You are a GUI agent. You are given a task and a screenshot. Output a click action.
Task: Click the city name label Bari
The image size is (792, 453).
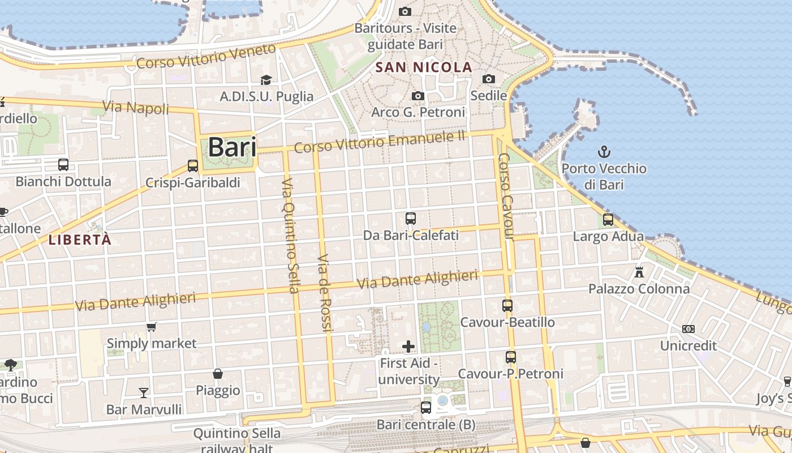click(232, 147)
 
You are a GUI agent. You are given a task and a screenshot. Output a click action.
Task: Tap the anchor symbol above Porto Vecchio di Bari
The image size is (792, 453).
click(604, 152)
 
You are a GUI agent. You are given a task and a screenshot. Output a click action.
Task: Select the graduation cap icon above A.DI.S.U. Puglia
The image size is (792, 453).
click(266, 80)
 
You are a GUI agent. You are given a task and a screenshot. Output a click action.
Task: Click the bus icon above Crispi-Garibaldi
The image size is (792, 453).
click(193, 166)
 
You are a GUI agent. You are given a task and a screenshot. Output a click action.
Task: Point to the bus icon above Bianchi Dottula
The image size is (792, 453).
click(63, 165)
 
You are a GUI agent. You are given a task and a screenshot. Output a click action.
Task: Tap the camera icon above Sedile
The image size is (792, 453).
click(489, 79)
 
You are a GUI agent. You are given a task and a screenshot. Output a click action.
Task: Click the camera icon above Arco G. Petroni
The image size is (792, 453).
click(418, 96)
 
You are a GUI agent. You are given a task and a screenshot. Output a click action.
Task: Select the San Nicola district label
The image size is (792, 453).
click(424, 67)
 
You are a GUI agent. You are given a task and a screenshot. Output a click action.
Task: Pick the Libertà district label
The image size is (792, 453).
click(80, 240)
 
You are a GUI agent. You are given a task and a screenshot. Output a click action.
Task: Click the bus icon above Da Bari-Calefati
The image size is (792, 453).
click(411, 218)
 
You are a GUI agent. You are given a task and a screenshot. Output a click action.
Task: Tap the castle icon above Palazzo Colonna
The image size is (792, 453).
click(639, 272)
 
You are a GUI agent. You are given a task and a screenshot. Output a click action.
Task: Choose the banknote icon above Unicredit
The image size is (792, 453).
click(688, 328)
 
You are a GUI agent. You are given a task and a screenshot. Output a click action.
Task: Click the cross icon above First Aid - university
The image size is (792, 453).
click(408, 346)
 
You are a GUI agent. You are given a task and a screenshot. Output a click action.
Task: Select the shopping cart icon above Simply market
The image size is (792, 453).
click(151, 327)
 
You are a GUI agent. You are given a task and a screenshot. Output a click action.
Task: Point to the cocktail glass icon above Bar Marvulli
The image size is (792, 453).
click(144, 392)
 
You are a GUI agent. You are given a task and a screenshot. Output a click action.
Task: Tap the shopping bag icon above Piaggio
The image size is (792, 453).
click(218, 374)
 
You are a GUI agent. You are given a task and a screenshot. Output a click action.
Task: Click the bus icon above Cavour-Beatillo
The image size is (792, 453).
click(507, 306)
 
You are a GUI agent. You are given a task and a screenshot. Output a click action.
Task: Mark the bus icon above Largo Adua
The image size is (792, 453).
click(608, 220)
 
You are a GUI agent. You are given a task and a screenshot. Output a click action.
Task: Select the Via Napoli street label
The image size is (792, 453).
click(135, 107)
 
